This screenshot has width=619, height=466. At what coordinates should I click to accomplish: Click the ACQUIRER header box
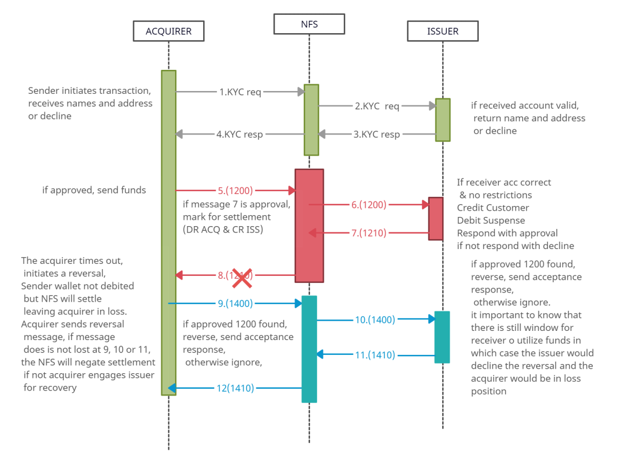pos(168,31)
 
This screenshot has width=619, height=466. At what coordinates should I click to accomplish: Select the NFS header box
pos(309,25)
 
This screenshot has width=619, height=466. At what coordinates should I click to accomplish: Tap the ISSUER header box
pos(442,31)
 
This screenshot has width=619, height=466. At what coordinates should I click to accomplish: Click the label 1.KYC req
pos(240,92)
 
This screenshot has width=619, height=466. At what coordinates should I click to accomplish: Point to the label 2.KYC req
pos(377,106)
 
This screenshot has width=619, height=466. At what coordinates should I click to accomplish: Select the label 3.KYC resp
pos(376,135)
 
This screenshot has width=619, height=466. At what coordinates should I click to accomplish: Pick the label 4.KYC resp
pos(240,135)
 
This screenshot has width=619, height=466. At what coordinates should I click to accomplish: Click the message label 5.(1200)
pos(235,190)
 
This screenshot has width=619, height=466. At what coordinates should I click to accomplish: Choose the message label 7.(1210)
pos(369,233)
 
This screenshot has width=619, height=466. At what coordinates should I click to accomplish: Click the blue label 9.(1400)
pos(235,304)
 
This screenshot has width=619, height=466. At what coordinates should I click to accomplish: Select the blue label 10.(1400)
pos(375,320)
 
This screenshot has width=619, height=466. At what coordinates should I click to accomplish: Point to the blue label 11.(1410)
pos(375,355)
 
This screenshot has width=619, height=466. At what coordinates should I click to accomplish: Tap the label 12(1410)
pos(235,388)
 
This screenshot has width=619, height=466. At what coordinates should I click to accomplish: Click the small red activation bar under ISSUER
pos(436,219)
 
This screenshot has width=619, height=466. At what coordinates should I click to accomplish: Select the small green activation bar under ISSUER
pos(443,120)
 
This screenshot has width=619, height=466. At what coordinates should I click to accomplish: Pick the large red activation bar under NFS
pos(309,225)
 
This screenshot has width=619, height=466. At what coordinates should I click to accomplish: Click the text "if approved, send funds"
pos(94,190)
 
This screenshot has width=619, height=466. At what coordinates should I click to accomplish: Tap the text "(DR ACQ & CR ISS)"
pos(222,230)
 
